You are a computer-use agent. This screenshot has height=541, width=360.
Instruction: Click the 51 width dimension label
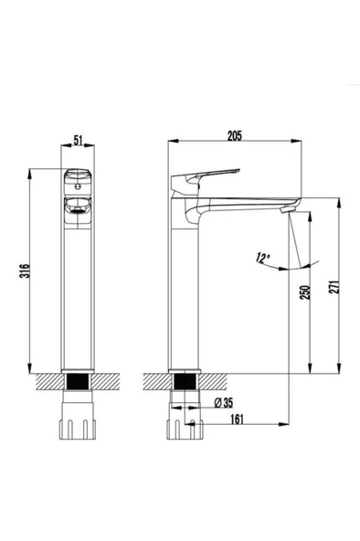[79, 139]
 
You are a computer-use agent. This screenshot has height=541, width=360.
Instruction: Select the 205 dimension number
[234, 136]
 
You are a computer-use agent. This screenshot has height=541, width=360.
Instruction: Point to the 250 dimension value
[304, 292]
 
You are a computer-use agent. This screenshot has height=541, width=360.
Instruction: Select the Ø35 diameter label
[225, 401]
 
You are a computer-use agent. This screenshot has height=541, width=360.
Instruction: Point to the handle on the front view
[79, 177]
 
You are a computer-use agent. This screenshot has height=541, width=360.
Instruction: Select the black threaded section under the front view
[79, 382]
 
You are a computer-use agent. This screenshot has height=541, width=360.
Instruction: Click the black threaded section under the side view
[186, 382]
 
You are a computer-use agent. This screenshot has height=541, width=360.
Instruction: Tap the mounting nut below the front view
[79, 428]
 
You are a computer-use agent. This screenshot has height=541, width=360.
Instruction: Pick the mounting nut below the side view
[186, 428]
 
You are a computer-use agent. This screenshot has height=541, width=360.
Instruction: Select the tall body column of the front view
[79, 292]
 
